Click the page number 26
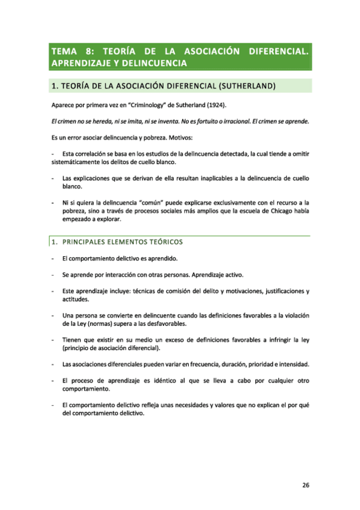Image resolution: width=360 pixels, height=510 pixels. pyautogui.click(x=305, y=487)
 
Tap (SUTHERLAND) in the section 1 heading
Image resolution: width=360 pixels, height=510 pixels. pyautogui.click(x=245, y=86)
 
